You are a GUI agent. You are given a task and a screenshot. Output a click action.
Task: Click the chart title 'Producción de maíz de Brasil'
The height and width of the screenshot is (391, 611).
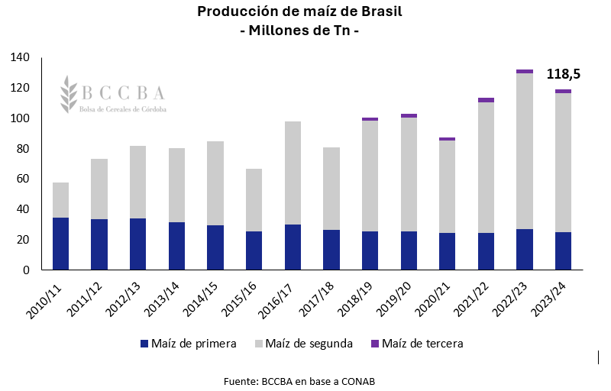pyautogui.click(x=299, y=11)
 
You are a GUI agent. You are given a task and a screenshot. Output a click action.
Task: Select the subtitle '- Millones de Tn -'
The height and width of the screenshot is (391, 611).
pyautogui.click(x=299, y=32)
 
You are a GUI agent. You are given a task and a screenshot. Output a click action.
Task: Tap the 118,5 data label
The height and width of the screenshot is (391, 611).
pyautogui.click(x=564, y=74)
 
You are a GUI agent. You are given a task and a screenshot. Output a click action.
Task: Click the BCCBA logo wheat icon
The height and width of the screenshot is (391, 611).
pyautogui.click(x=70, y=94)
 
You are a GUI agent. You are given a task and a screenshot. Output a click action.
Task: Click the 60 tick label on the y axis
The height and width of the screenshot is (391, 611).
pyautogui.click(x=23, y=179)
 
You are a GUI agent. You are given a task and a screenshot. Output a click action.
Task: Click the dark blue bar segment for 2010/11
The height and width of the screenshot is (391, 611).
pyautogui.click(x=61, y=244)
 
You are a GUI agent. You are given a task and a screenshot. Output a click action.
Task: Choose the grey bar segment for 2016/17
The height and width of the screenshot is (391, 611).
pyautogui.click(x=293, y=173)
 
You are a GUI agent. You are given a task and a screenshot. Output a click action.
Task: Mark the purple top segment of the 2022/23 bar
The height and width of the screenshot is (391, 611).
pyautogui.click(x=525, y=72)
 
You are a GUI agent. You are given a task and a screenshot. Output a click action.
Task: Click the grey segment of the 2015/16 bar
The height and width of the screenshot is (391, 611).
pyautogui.click(x=254, y=200)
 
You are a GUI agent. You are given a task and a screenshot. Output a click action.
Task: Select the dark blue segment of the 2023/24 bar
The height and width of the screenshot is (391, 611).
pyautogui.click(x=564, y=250)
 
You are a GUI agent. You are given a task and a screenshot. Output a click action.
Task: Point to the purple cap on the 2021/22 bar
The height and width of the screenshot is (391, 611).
pyautogui.click(x=487, y=100)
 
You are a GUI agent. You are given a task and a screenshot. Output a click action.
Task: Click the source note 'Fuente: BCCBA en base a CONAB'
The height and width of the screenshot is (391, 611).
pyautogui.click(x=299, y=380)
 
